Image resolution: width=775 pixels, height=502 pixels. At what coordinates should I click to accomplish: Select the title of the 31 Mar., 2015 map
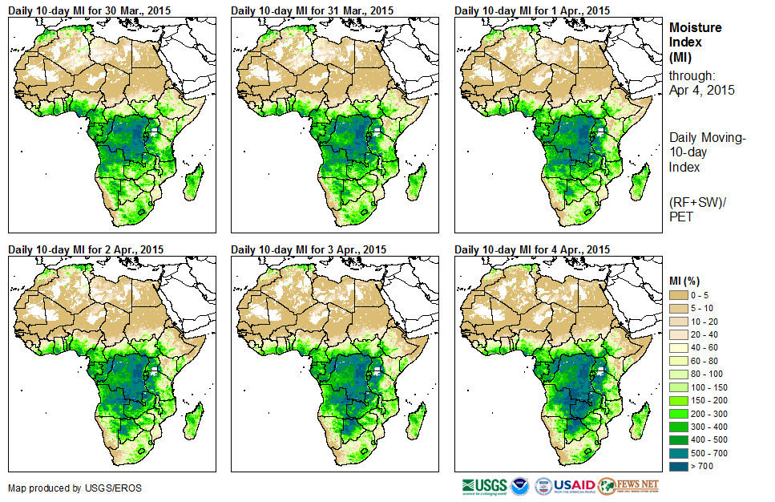[312, 10]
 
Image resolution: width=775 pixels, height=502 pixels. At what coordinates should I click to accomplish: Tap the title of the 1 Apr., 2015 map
[532, 10]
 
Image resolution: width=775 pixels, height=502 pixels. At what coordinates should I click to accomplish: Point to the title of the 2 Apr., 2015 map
[86, 249]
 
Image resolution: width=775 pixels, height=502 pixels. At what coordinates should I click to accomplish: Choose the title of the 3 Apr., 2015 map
[309, 249]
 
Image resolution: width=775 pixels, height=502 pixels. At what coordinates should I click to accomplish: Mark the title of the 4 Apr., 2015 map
[532, 249]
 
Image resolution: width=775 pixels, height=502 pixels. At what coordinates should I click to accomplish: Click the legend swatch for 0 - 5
[680, 295]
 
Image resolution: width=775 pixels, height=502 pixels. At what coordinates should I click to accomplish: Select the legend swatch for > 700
[680, 464]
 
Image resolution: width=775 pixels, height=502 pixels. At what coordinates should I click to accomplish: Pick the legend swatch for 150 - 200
[680, 399]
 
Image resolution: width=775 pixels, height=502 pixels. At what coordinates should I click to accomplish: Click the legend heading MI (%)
[688, 281]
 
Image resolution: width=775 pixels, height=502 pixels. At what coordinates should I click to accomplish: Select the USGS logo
[484, 486]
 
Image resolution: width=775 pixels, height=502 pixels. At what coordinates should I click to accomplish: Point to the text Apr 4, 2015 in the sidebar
[701, 90]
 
